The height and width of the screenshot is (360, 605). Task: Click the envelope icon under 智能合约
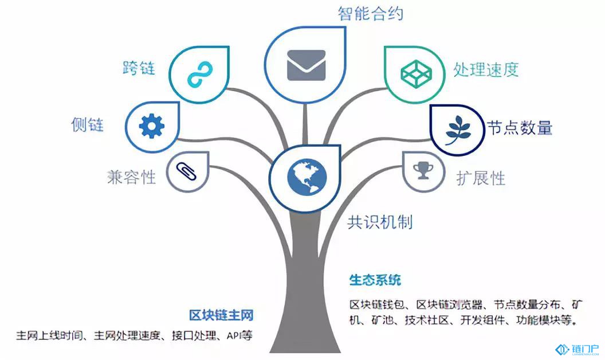[x=306, y=65]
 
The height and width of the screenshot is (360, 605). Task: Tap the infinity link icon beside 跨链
[x=200, y=74]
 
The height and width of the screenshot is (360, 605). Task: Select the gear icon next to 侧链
[x=152, y=126]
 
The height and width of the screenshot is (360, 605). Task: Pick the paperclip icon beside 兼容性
[x=186, y=171]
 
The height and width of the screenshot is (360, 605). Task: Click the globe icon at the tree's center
[x=307, y=177]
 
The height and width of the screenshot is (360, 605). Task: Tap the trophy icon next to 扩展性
[x=423, y=170]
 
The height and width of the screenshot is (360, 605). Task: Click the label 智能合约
[x=371, y=13]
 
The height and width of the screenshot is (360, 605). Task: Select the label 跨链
[x=139, y=68]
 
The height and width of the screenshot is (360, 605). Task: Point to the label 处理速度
[x=486, y=69]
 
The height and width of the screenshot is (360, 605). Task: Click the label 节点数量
[x=519, y=127]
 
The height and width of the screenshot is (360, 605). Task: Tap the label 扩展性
[x=480, y=178]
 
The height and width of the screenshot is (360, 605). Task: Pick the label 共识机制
[x=380, y=222]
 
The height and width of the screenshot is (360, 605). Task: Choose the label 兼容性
[x=132, y=177]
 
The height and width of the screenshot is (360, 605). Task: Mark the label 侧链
[x=88, y=125]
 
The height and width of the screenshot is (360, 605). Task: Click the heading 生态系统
[x=375, y=280]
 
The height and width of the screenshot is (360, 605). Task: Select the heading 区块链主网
[x=221, y=315]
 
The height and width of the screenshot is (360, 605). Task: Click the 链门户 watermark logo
[x=577, y=349]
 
